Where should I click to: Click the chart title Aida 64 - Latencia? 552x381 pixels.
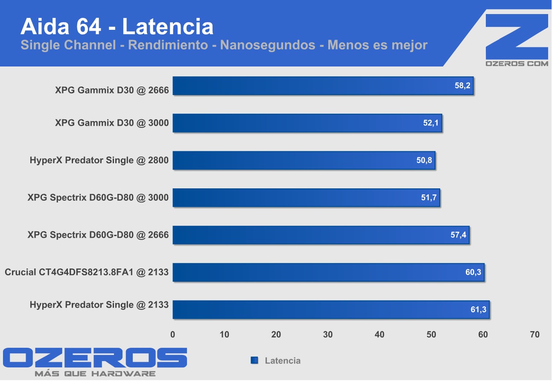(x=117, y=26)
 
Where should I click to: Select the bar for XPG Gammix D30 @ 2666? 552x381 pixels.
(x=323, y=86)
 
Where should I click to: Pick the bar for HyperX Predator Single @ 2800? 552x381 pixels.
(x=304, y=160)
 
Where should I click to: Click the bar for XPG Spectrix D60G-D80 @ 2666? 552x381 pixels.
(x=321, y=235)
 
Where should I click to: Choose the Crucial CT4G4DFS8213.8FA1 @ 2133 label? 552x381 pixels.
(x=87, y=272)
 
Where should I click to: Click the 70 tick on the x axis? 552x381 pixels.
(x=534, y=335)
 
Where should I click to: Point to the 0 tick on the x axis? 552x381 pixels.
(x=173, y=335)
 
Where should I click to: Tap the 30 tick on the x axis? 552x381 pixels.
(x=328, y=335)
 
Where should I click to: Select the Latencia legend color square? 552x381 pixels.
(x=254, y=361)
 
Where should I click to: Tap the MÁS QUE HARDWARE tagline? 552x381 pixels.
(x=95, y=374)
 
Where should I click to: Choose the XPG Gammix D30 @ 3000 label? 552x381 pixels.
(x=112, y=123)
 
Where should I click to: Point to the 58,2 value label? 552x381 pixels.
(x=462, y=86)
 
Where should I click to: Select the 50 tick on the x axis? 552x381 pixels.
(x=431, y=335)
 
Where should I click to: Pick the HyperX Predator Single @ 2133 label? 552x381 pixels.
(x=99, y=305)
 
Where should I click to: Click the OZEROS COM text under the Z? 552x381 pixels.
(x=517, y=63)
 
